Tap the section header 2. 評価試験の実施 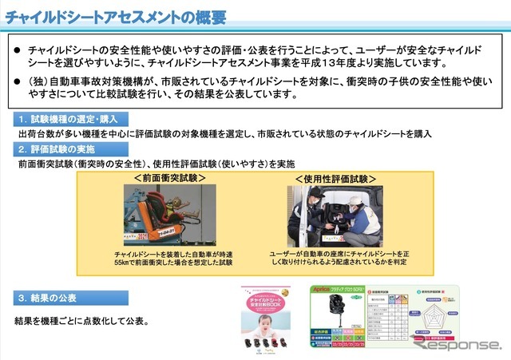point(56,149)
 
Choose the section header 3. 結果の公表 point(48,298)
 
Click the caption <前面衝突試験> point(170,178)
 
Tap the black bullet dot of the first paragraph point(17,50)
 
